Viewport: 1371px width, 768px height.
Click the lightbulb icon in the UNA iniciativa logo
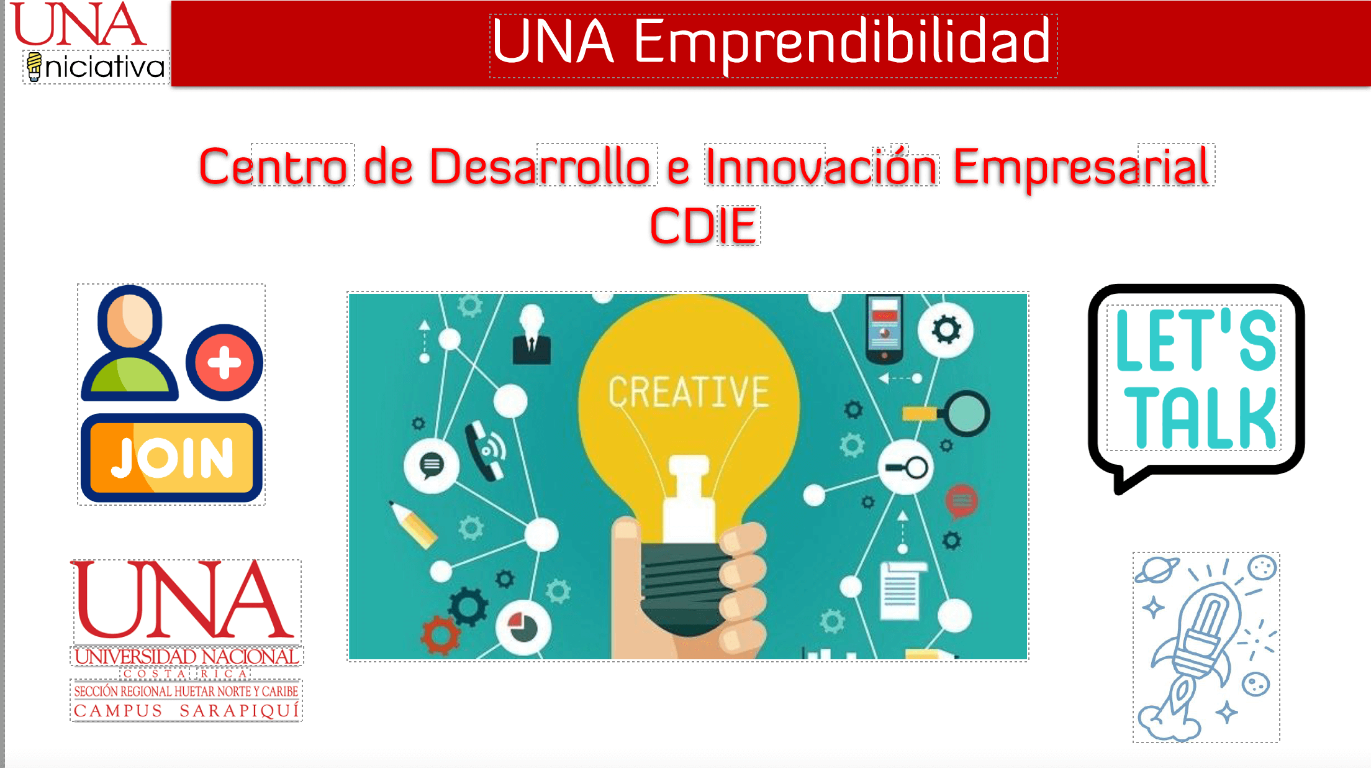tap(34, 66)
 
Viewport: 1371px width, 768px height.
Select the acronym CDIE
tap(704, 226)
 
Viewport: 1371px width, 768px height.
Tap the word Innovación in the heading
tap(821, 167)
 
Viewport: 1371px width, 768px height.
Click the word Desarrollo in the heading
tap(540, 167)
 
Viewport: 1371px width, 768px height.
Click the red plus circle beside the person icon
tap(224, 362)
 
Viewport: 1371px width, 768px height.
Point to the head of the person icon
tap(129, 318)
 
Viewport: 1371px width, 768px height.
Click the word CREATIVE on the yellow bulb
tap(689, 391)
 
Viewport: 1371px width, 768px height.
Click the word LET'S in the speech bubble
tap(1196, 339)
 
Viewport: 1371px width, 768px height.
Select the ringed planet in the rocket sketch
tap(1157, 569)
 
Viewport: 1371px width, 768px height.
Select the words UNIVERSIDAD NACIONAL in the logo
tap(186, 656)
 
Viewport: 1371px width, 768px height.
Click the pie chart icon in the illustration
tap(523, 628)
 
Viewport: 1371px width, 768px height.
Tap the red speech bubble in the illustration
tap(961, 501)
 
